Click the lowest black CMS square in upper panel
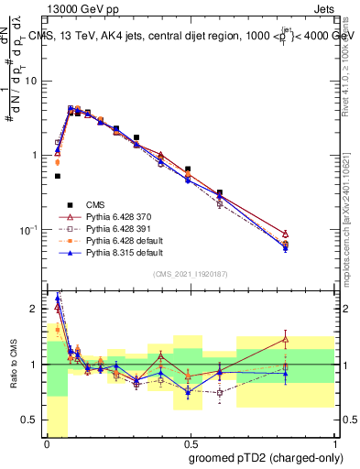pyautogui.click(x=58, y=176)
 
